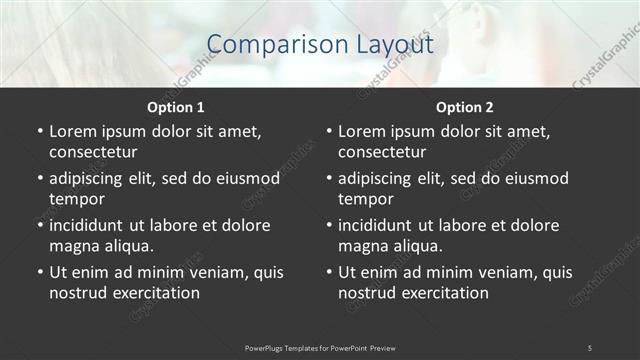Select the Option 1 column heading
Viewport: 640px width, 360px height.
click(176, 107)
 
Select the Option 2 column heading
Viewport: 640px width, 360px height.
click(465, 107)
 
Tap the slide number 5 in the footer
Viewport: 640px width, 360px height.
click(590, 347)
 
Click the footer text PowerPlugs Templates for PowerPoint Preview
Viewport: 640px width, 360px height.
click(320, 347)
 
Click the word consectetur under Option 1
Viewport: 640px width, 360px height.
click(93, 152)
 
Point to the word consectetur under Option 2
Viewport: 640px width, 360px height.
click(382, 152)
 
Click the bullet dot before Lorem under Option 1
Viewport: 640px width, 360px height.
click(39, 131)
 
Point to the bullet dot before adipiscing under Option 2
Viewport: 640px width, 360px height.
click(328, 178)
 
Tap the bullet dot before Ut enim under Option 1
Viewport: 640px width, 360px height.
click(39, 272)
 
